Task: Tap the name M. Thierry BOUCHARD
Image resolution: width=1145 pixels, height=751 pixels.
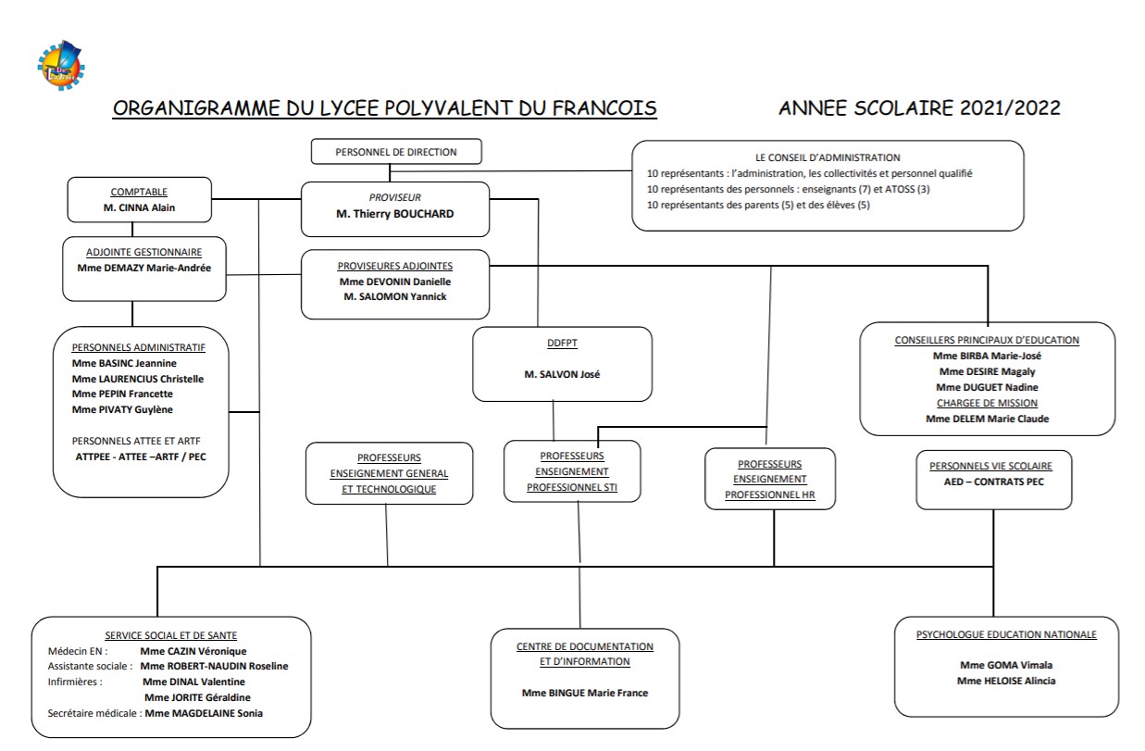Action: coord(395,214)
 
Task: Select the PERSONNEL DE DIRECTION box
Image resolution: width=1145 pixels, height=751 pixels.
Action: coord(396,152)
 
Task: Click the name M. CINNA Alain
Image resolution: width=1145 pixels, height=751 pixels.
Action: coord(139,208)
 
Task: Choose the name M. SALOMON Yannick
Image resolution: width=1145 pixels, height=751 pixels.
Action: coord(394,296)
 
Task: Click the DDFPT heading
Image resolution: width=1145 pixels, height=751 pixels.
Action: coord(562,343)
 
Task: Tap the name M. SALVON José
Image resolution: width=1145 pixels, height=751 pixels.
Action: coord(562,374)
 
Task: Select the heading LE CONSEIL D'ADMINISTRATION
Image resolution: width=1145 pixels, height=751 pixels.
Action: coord(828,157)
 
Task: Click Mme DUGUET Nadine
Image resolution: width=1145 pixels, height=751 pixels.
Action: coord(987,387)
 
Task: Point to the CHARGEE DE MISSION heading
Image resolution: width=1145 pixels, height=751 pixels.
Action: coord(987,403)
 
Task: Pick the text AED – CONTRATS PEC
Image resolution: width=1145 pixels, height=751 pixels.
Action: coord(992,482)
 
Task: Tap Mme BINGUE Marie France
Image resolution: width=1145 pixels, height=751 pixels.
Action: coord(585,693)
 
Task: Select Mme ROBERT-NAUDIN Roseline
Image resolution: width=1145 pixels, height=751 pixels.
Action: coord(214,666)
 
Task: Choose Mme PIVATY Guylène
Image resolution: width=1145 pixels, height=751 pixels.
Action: coord(122,409)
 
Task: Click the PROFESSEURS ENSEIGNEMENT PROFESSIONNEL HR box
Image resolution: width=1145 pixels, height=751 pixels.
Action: coord(769,480)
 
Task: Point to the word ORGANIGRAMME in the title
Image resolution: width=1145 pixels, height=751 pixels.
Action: coord(194,108)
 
